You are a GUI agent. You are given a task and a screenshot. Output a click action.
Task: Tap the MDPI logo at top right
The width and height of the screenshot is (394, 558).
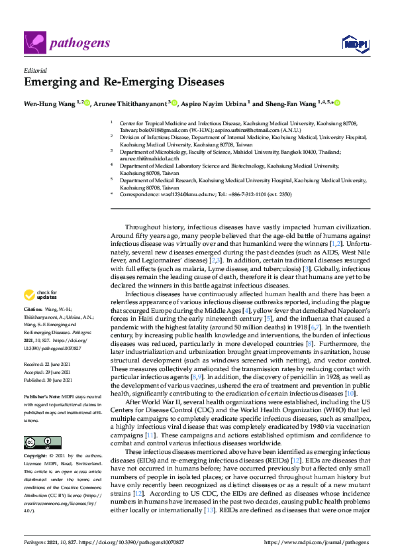pyautogui.click(x=352, y=43)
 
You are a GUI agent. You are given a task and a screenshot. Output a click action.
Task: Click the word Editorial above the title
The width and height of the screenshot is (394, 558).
pyautogui.click(x=34, y=70)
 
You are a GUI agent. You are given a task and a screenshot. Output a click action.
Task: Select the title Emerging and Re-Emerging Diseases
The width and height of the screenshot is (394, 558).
pyautogui.click(x=124, y=83)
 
